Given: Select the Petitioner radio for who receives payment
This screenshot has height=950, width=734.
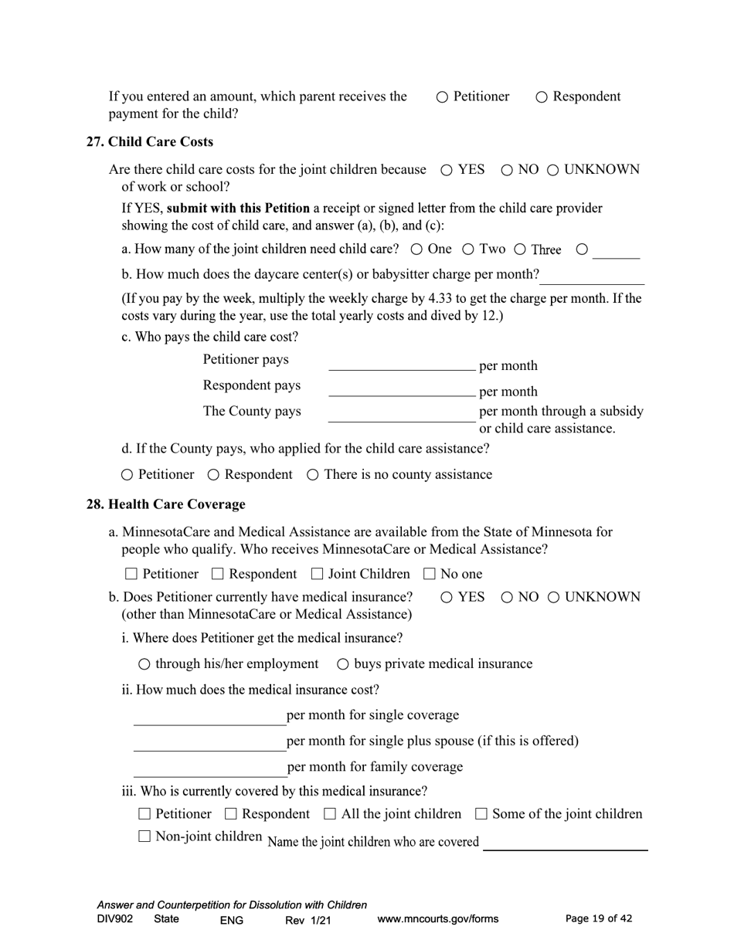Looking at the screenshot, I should pos(443,97).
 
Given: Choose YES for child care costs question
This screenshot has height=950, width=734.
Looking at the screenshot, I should pos(447,171).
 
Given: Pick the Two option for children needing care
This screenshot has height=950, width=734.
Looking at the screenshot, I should pos(468,249).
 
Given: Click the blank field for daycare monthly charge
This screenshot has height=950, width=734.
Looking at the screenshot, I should pos(591,277).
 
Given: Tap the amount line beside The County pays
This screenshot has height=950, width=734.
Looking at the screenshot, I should pos(402,415).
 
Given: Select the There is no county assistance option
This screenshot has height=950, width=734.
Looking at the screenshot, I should pos(313,475).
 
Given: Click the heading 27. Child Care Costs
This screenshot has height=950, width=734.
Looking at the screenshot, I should pos(149,142).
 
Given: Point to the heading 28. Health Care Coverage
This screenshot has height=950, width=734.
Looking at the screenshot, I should pos(165,504).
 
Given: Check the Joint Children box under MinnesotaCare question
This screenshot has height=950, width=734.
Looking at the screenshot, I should pos(317,574).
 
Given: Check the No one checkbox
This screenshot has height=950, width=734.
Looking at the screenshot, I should pos(430,574).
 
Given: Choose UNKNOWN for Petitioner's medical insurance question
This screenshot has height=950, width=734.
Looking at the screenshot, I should pos(553,598).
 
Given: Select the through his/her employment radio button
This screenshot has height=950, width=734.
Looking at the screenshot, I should pos(144,664).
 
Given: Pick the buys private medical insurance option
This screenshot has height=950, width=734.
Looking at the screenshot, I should pos(343,664).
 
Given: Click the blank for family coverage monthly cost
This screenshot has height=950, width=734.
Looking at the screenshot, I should pos(210,768).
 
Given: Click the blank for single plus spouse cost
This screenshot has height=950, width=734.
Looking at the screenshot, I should pos(210,742).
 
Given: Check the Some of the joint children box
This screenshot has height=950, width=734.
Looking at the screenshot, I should pos(481,814).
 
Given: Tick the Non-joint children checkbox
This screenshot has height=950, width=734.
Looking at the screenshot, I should pos(144,836).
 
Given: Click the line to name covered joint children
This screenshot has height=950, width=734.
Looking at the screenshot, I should pos(565,843).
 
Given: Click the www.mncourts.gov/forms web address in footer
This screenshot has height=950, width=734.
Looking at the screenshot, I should pos(437,919).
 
